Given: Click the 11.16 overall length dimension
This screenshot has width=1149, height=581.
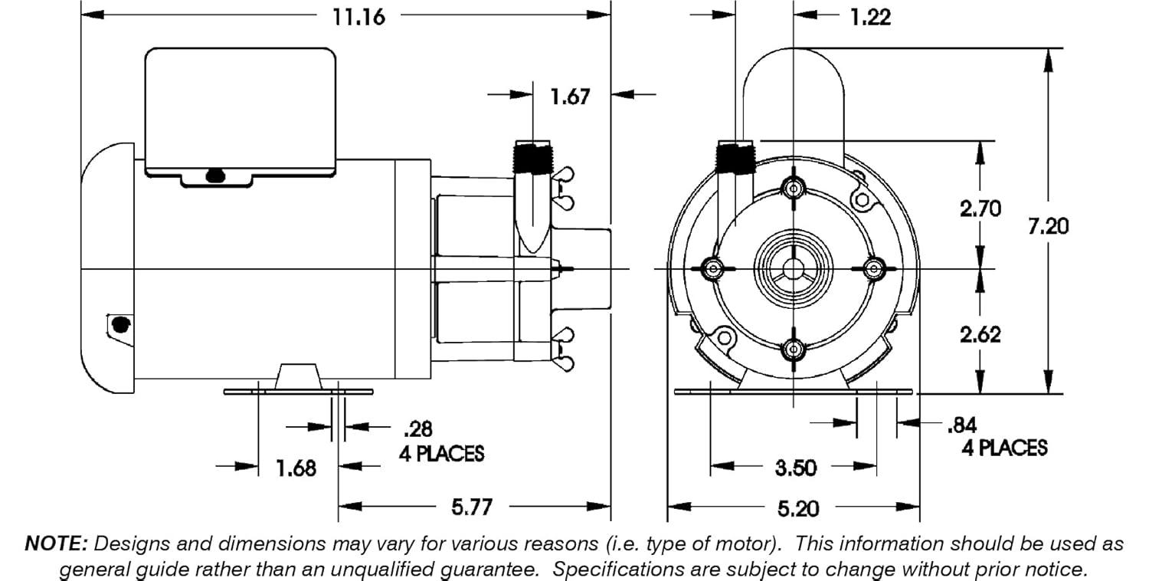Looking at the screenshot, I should [358, 16].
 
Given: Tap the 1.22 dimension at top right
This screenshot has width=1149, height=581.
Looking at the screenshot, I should [870, 16].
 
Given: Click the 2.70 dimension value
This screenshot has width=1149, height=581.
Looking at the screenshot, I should [980, 208].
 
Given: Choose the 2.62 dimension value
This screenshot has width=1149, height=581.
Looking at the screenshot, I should [980, 334].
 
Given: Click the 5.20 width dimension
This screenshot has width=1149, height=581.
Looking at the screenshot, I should [797, 508].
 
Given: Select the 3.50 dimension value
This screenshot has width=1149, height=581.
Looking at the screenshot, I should [794, 468].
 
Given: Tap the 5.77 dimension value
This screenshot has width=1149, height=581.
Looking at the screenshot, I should [470, 507].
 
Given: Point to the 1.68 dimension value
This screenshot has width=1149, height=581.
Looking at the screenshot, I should [295, 468].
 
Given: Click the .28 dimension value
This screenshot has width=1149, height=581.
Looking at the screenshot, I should [416, 428].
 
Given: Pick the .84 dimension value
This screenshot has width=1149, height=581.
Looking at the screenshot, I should [962, 424].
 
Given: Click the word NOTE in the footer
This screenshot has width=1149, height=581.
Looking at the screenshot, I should [57, 544].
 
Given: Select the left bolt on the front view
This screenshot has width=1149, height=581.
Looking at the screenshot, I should [713, 268].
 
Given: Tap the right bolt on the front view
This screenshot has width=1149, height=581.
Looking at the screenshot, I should [874, 268].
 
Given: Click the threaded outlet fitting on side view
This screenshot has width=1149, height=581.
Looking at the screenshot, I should [532, 159].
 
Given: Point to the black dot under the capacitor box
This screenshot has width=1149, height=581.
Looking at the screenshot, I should [215, 177].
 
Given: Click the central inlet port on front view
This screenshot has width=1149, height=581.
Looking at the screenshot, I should [794, 268].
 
